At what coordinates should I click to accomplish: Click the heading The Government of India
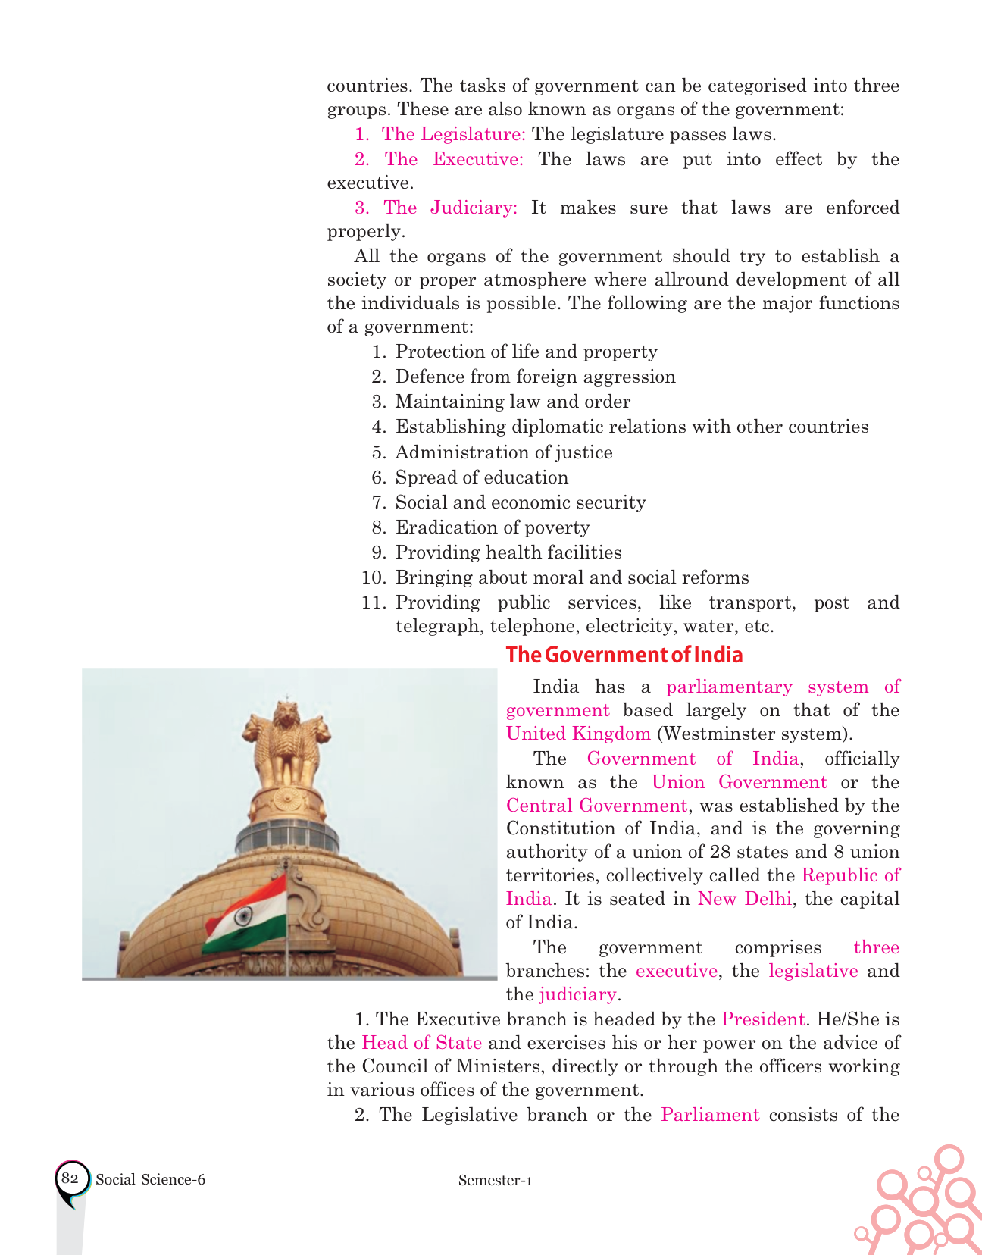[624, 655]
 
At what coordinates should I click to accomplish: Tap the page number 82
[70, 1178]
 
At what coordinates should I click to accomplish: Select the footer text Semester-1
[495, 1180]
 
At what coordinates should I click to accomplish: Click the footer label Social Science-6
[151, 1179]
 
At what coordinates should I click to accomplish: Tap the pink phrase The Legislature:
[453, 134]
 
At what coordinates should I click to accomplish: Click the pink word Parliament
[710, 1115]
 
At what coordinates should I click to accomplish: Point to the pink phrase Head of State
[422, 1043]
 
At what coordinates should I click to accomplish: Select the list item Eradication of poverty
[493, 527]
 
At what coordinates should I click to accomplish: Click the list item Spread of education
[482, 477]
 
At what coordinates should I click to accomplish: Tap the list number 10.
[374, 577]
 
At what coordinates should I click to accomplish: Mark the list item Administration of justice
[504, 452]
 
